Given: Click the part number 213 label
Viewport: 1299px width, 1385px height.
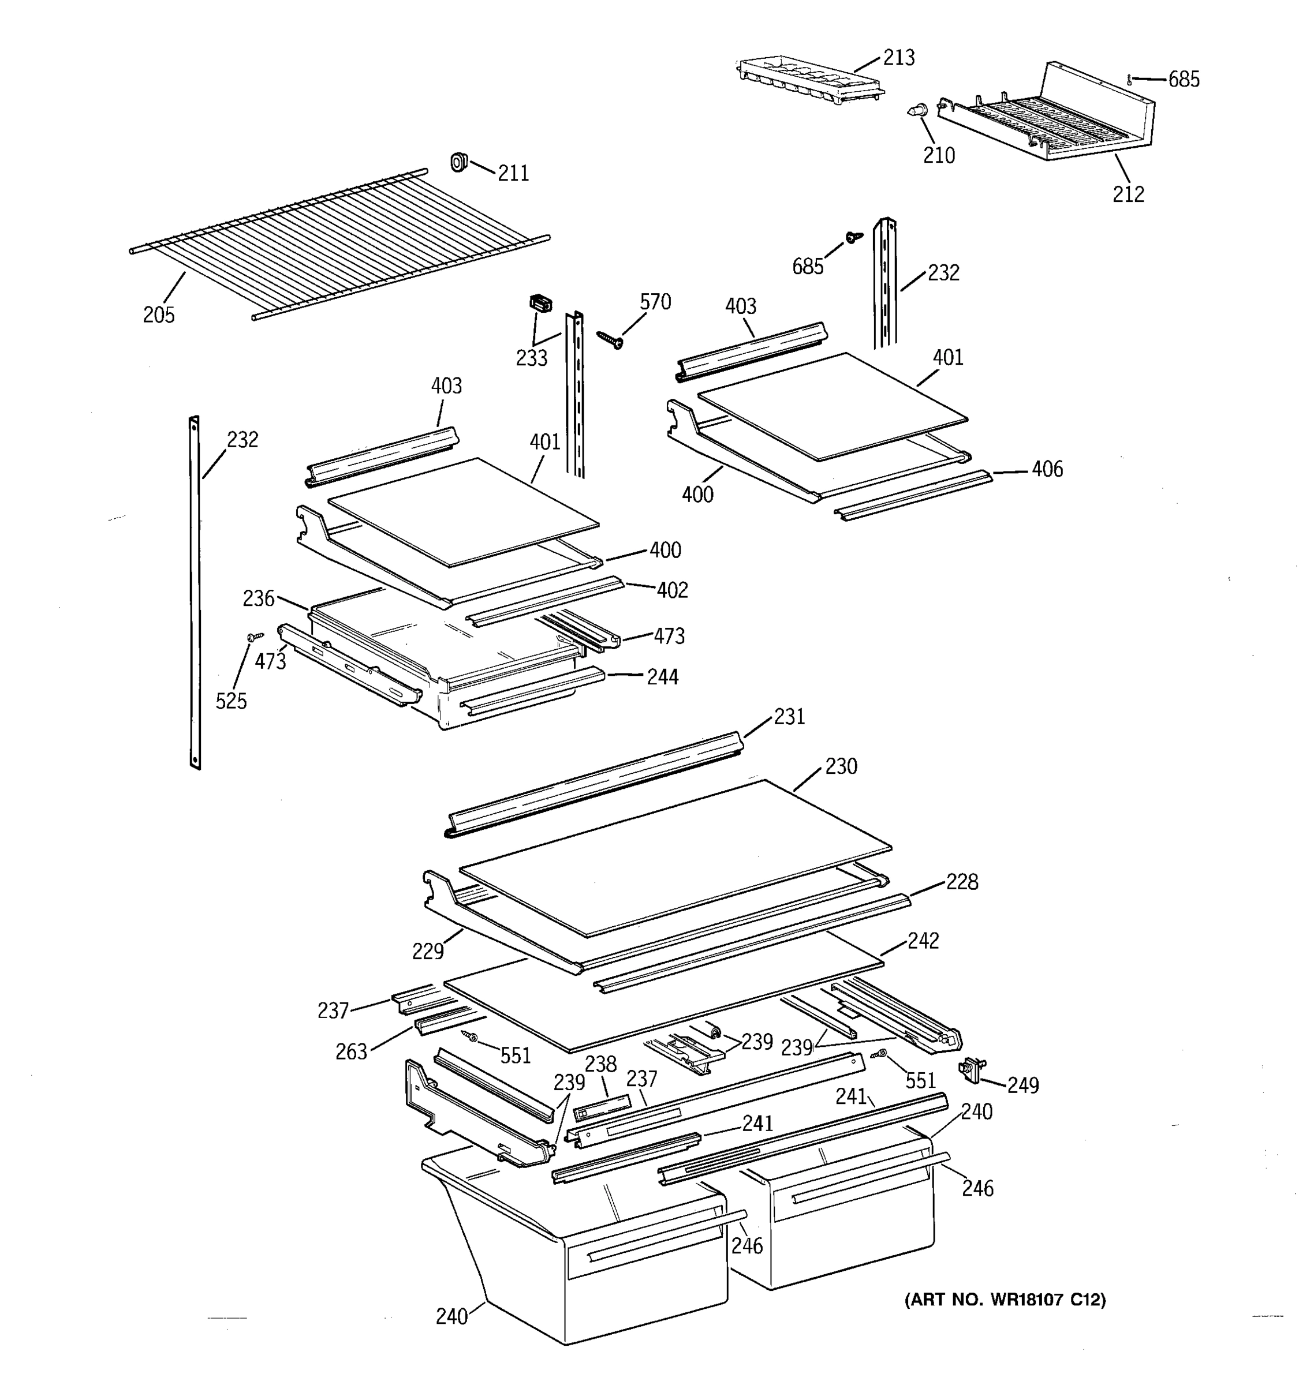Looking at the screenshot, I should coord(898,58).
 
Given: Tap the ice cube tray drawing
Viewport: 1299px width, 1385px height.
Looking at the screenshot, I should coord(808,81).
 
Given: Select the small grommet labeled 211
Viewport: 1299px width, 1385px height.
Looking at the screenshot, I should coord(458,162).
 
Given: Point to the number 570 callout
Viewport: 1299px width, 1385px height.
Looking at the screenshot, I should coord(655,302).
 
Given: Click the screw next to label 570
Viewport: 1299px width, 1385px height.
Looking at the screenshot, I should coord(610,339).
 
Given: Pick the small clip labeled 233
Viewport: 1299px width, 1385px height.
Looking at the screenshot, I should coord(540,304).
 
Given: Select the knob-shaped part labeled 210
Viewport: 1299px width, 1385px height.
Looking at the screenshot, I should coord(919,111).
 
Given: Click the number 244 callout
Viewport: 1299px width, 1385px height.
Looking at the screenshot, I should coord(662,676).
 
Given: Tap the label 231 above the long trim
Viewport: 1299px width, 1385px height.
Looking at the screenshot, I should coord(789,717).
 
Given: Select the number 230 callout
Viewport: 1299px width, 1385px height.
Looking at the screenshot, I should coord(841,766).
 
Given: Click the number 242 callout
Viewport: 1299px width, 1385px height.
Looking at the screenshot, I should coord(923,941).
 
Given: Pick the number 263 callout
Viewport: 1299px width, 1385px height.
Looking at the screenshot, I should coord(351,1051).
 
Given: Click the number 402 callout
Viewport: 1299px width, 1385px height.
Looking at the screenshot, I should coord(672,590).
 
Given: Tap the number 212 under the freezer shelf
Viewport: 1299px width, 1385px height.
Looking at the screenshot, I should coord(1128,194).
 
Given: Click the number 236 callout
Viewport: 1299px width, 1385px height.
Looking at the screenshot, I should coord(259,598).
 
